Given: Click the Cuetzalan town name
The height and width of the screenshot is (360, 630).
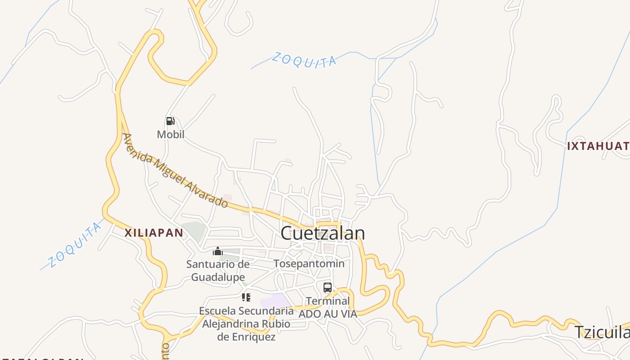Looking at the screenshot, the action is pos(322,233).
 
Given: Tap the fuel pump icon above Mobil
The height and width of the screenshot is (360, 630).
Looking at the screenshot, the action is pos(170,121).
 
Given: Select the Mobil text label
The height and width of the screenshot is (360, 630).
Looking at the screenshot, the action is pos(171,134).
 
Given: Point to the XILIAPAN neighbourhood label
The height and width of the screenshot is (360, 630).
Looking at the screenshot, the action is pos(153,233).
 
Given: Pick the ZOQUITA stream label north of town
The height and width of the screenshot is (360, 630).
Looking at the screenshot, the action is pos(304,60).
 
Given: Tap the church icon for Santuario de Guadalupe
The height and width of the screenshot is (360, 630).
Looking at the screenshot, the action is pos(218,251).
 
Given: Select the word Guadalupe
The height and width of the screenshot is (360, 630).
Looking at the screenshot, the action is pos(218,277).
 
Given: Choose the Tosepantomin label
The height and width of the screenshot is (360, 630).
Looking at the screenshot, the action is pos(309,264).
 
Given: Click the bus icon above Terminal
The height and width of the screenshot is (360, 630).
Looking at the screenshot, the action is pos(328,288).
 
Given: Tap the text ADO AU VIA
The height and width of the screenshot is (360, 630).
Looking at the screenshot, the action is pos(328,314).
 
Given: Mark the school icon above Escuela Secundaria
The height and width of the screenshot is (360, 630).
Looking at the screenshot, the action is pos(246,297).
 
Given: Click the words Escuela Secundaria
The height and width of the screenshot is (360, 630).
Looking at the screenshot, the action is pos(246,310).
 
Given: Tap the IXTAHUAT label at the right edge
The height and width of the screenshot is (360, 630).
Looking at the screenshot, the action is pos(598,146).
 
